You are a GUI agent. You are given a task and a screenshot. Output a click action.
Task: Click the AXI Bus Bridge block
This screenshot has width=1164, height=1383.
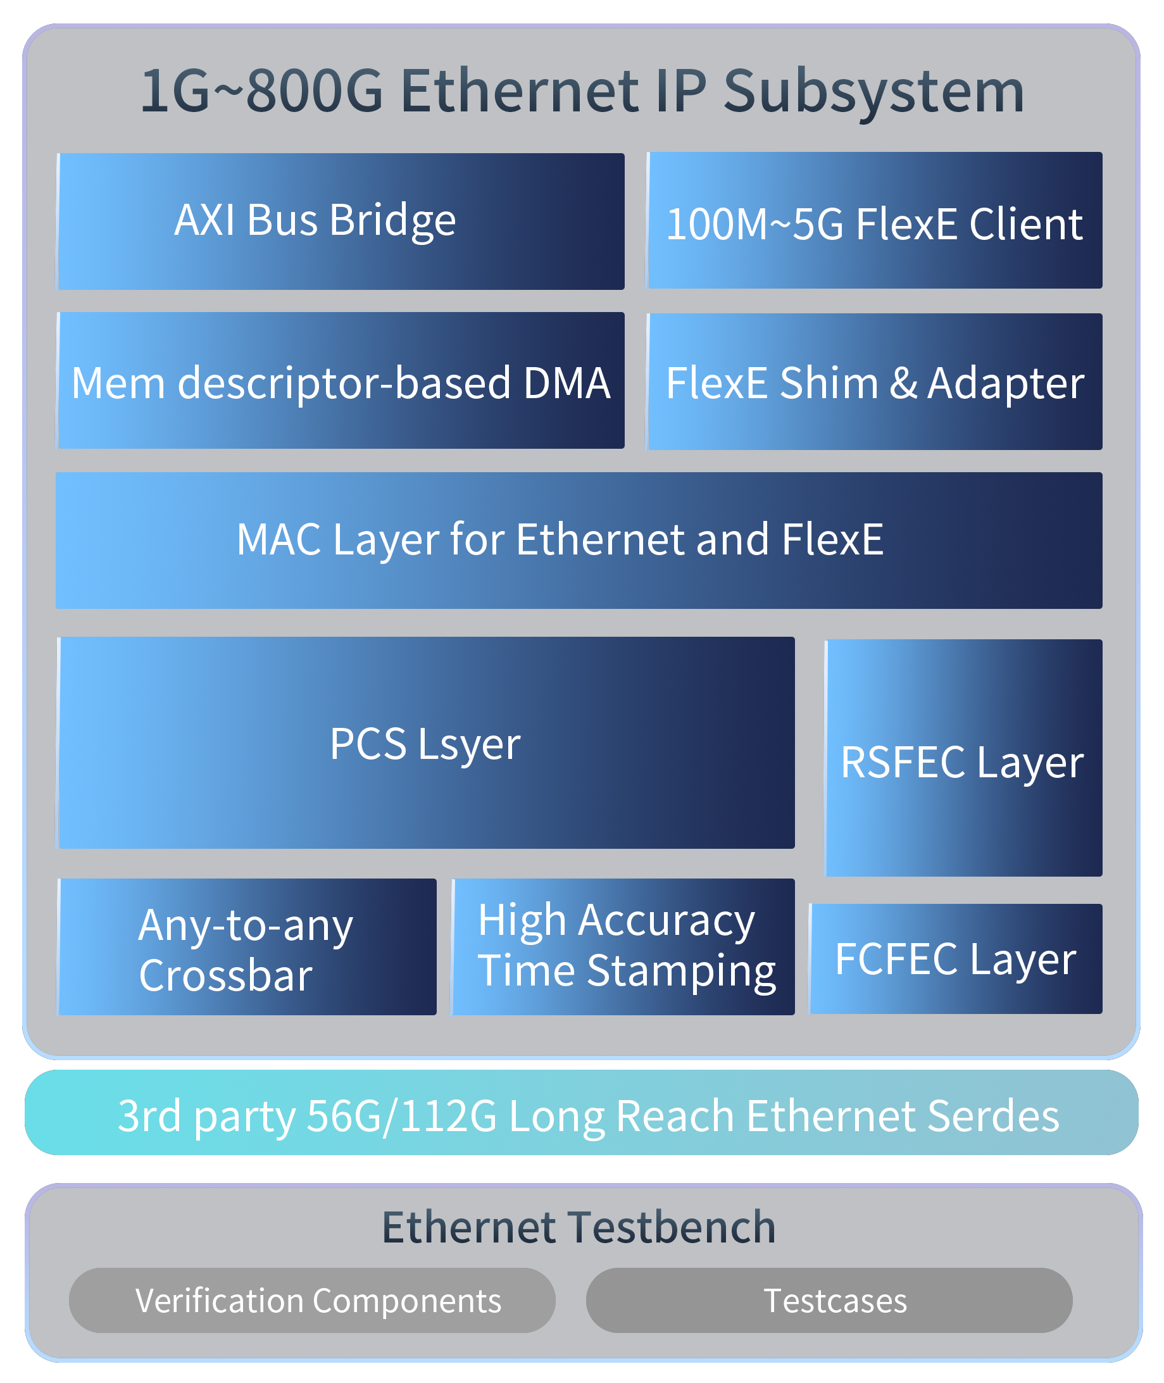pyautogui.click(x=341, y=221)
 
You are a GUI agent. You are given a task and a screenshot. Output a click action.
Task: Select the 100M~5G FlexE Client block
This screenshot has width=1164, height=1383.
pyautogui.click(x=874, y=221)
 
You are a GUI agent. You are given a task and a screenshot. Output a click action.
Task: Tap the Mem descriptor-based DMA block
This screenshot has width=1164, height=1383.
pyautogui.click(x=341, y=381)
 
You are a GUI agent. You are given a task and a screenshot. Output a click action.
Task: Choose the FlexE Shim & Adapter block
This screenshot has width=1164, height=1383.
pyautogui.click(x=874, y=382)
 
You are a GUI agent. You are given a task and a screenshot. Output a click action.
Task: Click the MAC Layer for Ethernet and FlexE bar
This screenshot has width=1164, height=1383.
pyautogui.click(x=579, y=541)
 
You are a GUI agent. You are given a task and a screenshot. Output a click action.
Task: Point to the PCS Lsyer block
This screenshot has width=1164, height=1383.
pyautogui.click(x=426, y=743)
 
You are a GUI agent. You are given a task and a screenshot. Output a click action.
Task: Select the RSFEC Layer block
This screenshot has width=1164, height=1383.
pyautogui.click(x=963, y=759)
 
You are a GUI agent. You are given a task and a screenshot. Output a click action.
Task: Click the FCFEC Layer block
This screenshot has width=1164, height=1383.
pyautogui.click(x=956, y=959)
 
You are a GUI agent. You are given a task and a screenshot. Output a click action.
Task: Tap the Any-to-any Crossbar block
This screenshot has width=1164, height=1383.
pyautogui.click(x=247, y=948)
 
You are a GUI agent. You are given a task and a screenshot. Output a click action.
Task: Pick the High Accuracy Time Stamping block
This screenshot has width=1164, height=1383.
pyautogui.click(x=623, y=948)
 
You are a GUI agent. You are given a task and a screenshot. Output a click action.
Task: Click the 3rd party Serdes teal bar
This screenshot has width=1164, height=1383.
pyautogui.click(x=581, y=1115)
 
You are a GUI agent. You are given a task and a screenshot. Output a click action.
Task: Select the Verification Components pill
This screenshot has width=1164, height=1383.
pyautogui.click(x=312, y=1301)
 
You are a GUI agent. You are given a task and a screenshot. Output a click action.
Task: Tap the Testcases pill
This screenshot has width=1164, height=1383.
pyautogui.click(x=829, y=1301)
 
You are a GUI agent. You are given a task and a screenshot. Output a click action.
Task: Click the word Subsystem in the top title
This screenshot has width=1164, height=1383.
pyautogui.click(x=874, y=92)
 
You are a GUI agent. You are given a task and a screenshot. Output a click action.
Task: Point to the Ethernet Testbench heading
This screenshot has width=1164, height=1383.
pyautogui.click(x=579, y=1227)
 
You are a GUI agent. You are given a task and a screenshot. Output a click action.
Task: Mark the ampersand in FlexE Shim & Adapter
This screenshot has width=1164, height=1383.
pyautogui.click(x=903, y=384)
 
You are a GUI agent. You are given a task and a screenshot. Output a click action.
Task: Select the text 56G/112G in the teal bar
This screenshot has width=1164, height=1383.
pyautogui.click(x=402, y=1116)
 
